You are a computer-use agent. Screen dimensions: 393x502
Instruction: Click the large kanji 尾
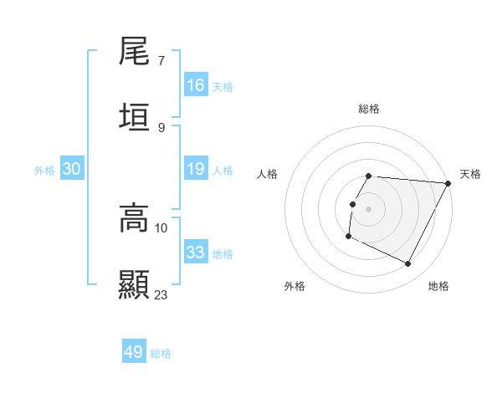coord(135,52)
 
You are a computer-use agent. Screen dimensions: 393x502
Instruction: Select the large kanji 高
coord(135,218)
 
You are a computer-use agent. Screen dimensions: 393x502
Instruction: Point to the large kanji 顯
coord(135,284)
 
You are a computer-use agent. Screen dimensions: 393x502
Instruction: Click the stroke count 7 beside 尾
coord(161,61)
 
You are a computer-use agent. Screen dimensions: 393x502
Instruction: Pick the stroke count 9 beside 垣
coord(161,127)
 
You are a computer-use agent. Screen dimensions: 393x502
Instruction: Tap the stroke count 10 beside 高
coord(161,227)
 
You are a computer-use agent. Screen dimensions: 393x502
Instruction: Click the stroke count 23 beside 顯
coord(161,294)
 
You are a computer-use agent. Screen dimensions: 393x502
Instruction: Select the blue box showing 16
coord(196,85)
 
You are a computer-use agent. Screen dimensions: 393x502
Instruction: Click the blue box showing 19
coord(196,169)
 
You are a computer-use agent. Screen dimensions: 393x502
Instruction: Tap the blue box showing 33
coord(196,253)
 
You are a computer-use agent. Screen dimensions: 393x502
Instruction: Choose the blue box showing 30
coord(72,169)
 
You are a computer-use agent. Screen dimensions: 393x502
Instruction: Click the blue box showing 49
coord(134,352)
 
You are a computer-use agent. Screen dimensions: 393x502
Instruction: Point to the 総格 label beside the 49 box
coord(161,354)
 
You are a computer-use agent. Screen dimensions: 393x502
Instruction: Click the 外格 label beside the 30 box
coord(44,171)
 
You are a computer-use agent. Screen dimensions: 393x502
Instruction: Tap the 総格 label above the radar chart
coord(369,109)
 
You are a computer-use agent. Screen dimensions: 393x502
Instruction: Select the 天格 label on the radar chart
coord(470,174)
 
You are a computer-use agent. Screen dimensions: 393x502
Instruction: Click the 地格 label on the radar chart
coord(438,287)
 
